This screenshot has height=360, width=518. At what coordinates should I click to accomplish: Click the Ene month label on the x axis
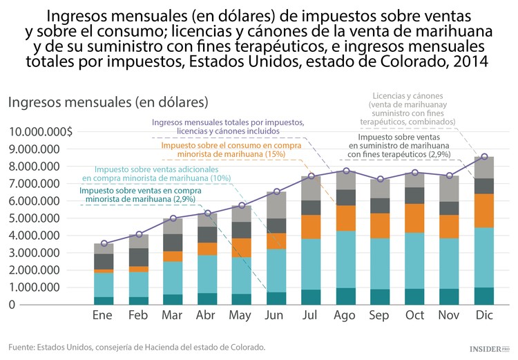(x=104, y=316)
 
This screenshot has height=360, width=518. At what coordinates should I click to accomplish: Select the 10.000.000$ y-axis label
(x=40, y=132)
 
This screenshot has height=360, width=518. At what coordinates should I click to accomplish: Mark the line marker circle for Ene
(x=104, y=243)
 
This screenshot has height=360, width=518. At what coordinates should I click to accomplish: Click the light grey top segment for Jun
(x=276, y=205)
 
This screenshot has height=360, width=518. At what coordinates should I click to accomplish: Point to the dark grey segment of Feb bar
(x=138, y=257)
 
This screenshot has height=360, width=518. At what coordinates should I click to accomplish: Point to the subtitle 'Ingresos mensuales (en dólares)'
(x=108, y=102)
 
